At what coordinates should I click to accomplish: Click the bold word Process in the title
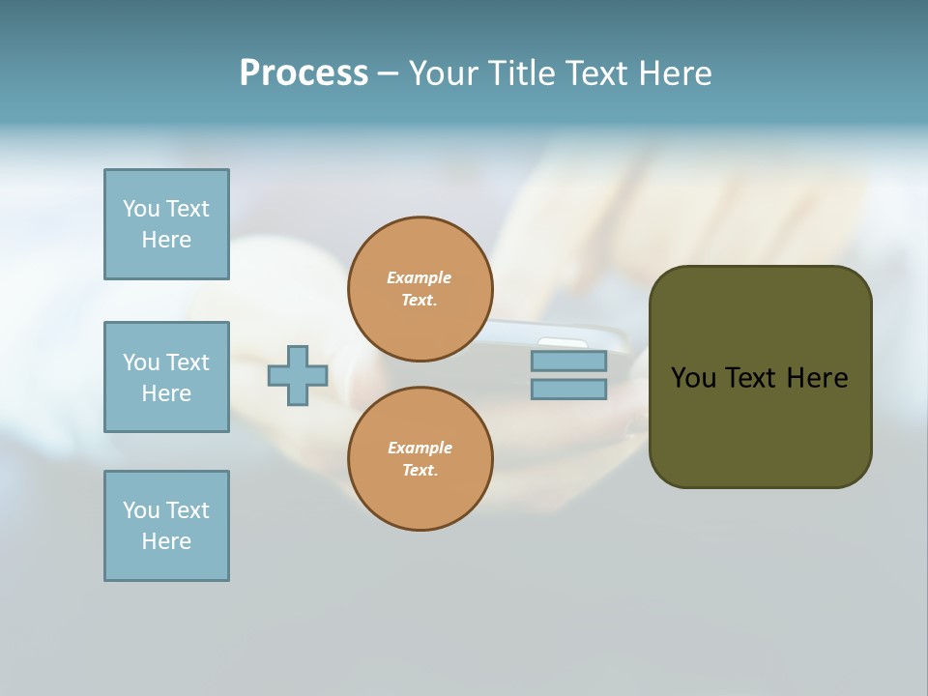tap(304, 73)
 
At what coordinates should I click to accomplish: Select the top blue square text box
tap(166, 224)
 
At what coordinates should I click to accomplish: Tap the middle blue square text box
tap(166, 377)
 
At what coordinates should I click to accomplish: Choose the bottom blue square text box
tap(166, 526)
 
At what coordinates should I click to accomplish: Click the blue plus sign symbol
tap(298, 375)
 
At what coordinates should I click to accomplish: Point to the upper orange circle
tap(420, 289)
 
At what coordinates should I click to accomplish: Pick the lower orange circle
tap(420, 459)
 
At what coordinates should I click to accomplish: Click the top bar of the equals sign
tap(568, 361)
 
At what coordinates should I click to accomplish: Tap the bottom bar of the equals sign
tap(568, 390)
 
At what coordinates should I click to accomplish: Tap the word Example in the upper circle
tap(420, 278)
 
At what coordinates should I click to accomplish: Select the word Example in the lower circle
tap(420, 449)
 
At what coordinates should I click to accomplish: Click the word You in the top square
tap(141, 209)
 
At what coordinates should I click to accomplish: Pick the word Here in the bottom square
tap(166, 541)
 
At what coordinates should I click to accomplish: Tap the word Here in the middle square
tap(166, 393)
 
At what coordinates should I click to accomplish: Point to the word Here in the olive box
tap(817, 378)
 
